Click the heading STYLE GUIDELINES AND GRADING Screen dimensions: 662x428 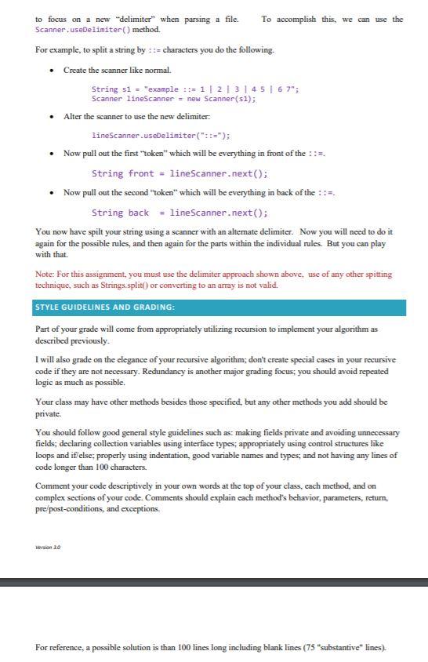[x=104, y=307]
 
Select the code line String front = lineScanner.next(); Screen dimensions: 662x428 [x=180, y=173]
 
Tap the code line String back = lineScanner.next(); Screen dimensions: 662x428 [x=180, y=213]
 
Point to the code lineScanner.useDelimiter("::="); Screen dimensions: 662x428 [x=161, y=136]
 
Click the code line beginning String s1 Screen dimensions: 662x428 [x=184, y=89]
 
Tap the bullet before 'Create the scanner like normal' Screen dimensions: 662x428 [x=52, y=71]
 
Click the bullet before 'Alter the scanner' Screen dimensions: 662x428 [x=52, y=117]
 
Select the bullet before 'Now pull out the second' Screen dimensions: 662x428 [x=52, y=193]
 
